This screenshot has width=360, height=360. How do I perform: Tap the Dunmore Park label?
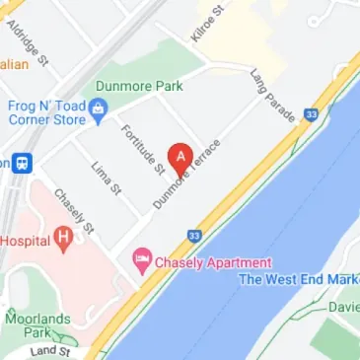(x=138, y=86)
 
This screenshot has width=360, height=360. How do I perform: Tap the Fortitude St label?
(x=142, y=149)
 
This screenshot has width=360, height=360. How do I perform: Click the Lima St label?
(x=106, y=178)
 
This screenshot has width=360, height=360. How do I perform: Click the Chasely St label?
(x=74, y=211)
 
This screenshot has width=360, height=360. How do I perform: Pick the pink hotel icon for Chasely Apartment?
(x=142, y=262)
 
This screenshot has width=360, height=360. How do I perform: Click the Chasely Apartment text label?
(x=211, y=262)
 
